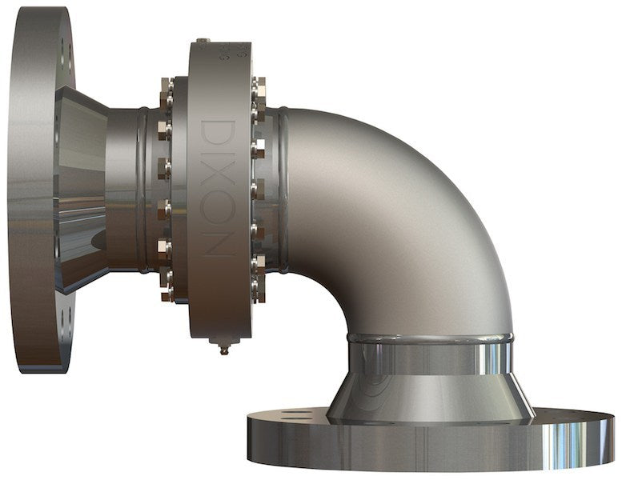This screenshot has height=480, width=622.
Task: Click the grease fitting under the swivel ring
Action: tap(225, 347)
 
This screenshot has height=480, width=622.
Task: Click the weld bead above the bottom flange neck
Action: tap(429, 339)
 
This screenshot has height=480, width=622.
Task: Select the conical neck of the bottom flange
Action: tap(430, 392)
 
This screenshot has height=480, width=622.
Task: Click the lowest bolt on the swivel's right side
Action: tap(259, 293)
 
